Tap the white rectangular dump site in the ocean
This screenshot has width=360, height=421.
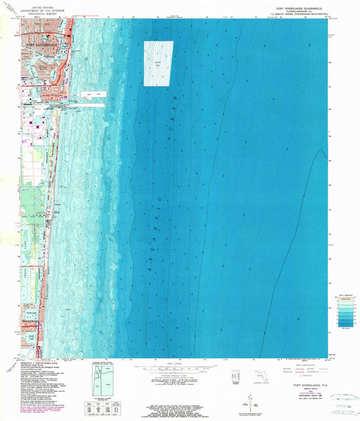pos(157,63)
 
